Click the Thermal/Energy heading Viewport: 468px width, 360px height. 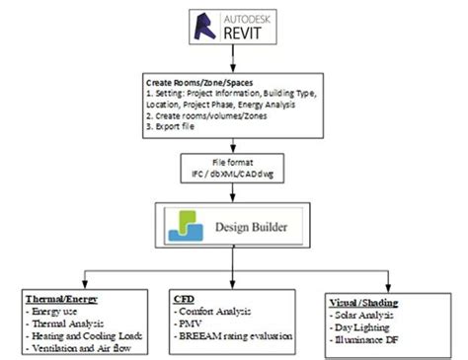[59, 298]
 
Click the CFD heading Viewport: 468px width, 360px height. [185, 298]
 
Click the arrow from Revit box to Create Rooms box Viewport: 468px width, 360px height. [233, 58]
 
